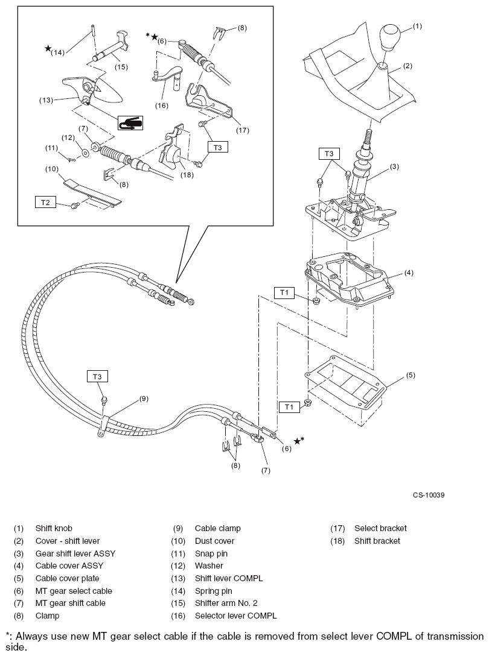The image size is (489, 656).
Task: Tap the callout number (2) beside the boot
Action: click(408, 66)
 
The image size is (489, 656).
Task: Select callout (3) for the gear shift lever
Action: click(394, 166)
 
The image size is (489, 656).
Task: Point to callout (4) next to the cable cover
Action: click(409, 273)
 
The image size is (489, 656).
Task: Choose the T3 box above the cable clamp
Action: click(98, 376)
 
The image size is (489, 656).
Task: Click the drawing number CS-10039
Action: click(429, 495)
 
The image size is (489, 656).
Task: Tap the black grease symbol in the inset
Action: click(130, 122)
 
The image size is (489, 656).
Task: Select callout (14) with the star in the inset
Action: click(57, 52)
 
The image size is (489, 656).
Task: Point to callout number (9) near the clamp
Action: click(144, 399)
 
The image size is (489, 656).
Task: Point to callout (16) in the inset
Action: click(161, 105)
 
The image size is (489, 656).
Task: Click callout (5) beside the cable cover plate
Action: click(411, 375)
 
